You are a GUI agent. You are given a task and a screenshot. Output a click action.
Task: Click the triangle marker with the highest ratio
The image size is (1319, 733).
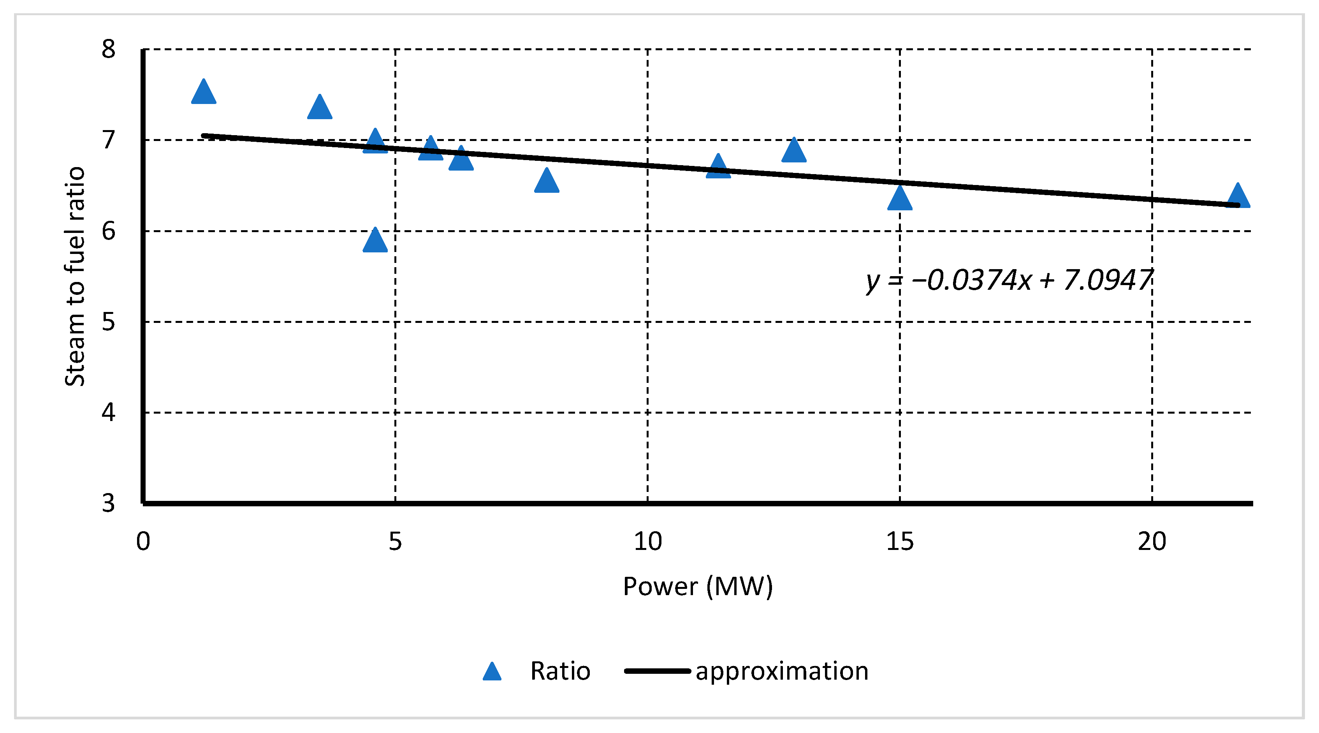(x=203, y=93)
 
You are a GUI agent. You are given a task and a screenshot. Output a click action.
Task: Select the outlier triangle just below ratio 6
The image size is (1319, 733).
(x=375, y=241)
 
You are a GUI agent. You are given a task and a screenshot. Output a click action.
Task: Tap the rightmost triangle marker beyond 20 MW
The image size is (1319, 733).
(x=1238, y=197)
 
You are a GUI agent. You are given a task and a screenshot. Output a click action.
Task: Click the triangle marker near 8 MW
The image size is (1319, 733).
(x=546, y=182)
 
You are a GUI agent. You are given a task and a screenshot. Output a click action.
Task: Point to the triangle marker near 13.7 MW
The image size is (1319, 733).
(x=794, y=152)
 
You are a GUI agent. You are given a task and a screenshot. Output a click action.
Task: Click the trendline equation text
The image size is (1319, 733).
(x=1009, y=281)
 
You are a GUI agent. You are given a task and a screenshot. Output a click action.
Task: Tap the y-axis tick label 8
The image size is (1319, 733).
(x=108, y=50)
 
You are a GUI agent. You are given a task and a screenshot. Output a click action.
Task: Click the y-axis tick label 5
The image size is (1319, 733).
(x=108, y=322)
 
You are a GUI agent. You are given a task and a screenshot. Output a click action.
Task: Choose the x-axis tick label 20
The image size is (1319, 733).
(x=1152, y=542)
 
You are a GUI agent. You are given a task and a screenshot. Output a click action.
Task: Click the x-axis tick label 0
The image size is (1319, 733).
(x=143, y=542)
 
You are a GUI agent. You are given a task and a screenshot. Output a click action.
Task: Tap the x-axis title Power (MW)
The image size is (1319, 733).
(x=697, y=587)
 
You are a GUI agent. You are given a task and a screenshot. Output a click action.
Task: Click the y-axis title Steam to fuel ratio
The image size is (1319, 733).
(x=75, y=277)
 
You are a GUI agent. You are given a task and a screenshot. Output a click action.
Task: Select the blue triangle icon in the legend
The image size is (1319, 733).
(x=492, y=672)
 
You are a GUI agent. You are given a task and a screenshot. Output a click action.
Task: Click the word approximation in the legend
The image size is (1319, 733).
(x=781, y=671)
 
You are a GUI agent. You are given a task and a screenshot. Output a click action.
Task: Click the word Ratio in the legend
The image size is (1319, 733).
(x=560, y=671)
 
